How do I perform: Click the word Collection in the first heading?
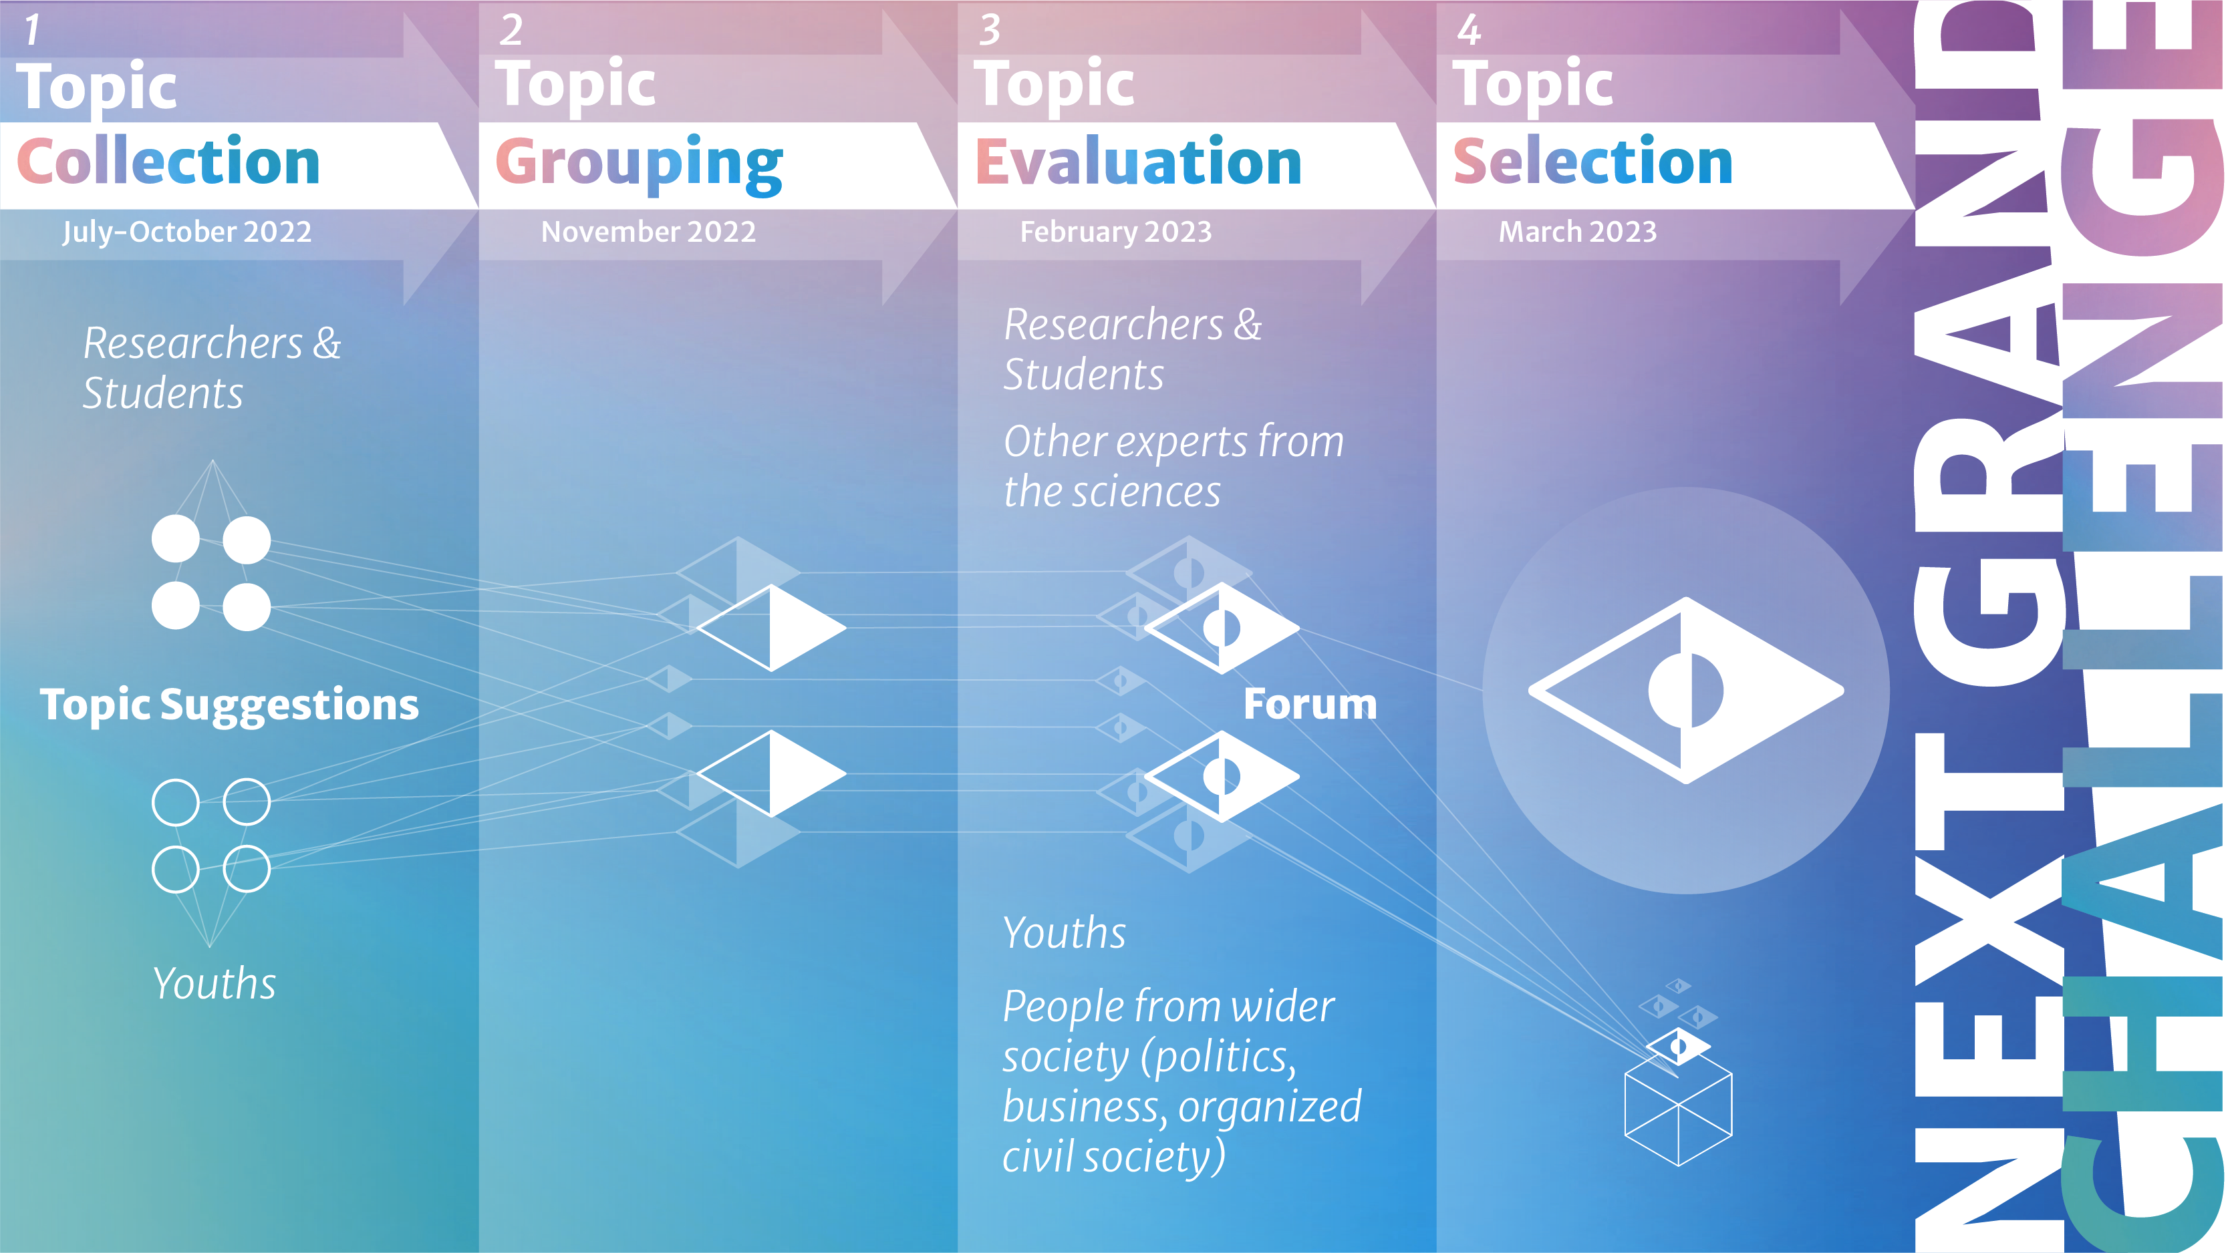[x=168, y=162]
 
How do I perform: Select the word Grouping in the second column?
[x=639, y=164]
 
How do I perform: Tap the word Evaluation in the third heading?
[x=1138, y=162]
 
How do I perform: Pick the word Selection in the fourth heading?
[x=1593, y=162]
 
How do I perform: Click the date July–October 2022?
[x=187, y=232]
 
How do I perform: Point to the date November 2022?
[x=649, y=232]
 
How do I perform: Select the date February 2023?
[x=1116, y=232]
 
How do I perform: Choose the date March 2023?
[x=1578, y=232]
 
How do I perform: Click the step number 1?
[x=33, y=30]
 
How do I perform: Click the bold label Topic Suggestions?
[x=229, y=705]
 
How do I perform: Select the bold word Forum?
[x=1310, y=704]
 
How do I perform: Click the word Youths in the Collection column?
[x=215, y=983]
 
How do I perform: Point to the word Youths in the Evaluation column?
[x=1065, y=932]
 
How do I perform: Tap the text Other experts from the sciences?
[x=1173, y=466]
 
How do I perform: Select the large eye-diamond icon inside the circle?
[x=1686, y=690]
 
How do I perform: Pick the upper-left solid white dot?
[x=176, y=539]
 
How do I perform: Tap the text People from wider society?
[x=1167, y=1007]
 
